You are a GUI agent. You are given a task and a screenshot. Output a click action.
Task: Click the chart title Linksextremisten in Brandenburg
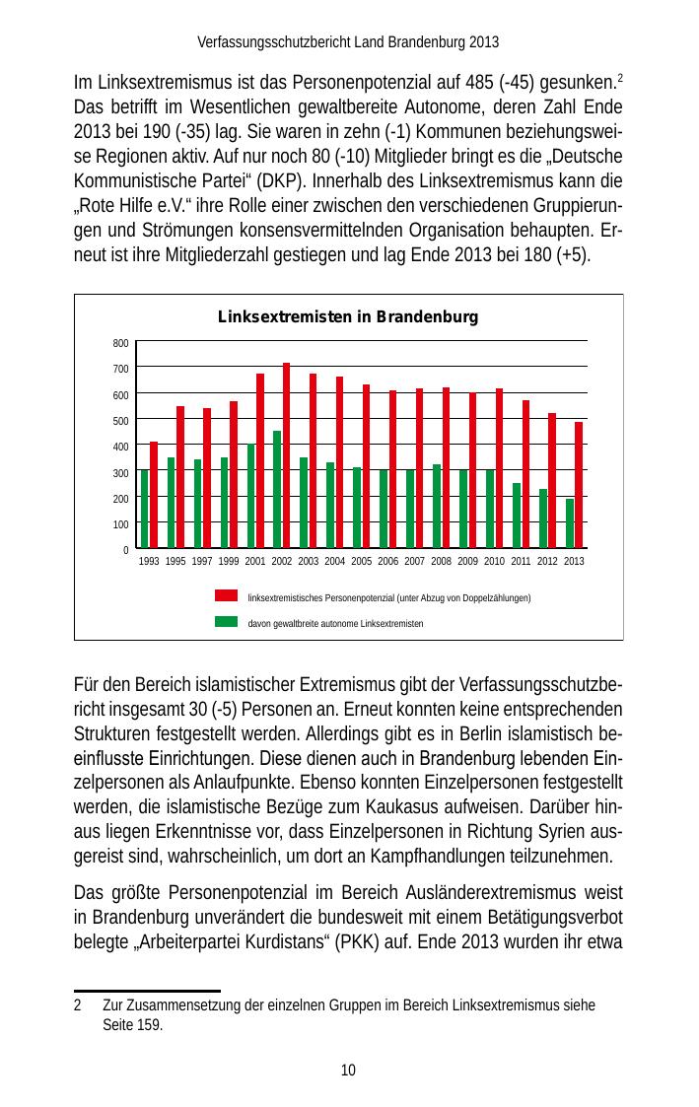pyautogui.click(x=347, y=317)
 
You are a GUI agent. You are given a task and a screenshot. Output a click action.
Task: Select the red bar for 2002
pyautogui.click(x=286, y=455)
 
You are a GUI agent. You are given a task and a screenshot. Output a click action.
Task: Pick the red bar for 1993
pyautogui.click(x=154, y=495)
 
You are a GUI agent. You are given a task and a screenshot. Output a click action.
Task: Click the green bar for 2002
pyautogui.click(x=277, y=489)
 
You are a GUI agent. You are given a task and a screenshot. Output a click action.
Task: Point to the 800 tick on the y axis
pyautogui.click(x=119, y=343)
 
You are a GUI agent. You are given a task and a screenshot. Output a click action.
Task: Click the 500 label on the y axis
pyautogui.click(x=119, y=421)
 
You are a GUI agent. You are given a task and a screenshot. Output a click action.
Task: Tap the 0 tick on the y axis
pyautogui.click(x=125, y=549)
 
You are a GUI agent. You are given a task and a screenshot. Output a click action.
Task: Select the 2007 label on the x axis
pyautogui.click(x=414, y=561)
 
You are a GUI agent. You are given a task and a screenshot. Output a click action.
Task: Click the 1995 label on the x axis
pyautogui.click(x=175, y=561)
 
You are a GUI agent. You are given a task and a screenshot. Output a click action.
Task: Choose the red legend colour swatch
pyautogui.click(x=227, y=595)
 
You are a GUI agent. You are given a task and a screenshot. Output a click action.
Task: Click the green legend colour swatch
pyautogui.click(x=227, y=622)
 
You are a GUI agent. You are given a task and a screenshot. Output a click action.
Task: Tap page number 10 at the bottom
pyautogui.click(x=348, y=1071)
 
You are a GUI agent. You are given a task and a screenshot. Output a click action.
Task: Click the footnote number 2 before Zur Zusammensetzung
pyautogui.click(x=78, y=1005)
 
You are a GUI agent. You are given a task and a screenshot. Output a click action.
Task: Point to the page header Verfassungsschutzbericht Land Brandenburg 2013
pyautogui.click(x=348, y=42)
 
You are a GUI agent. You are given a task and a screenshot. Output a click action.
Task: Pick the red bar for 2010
pyautogui.click(x=499, y=468)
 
